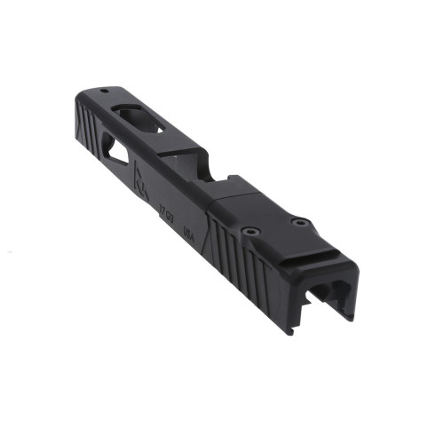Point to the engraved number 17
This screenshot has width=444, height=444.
pos(161,212)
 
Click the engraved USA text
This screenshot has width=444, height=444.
pos(187,233)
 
